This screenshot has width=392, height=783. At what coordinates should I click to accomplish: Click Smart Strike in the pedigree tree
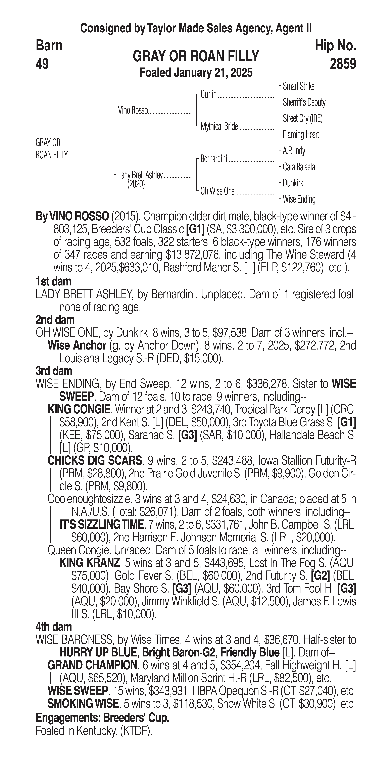[298, 86]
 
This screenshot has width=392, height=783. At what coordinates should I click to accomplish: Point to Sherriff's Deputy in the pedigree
[304, 102]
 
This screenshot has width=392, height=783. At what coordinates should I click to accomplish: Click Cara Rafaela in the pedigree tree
[299, 167]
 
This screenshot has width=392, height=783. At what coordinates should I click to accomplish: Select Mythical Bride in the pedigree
[219, 126]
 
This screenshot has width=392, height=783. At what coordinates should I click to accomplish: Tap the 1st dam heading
[53, 281]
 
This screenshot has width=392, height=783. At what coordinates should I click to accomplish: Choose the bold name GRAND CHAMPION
[92, 665]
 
